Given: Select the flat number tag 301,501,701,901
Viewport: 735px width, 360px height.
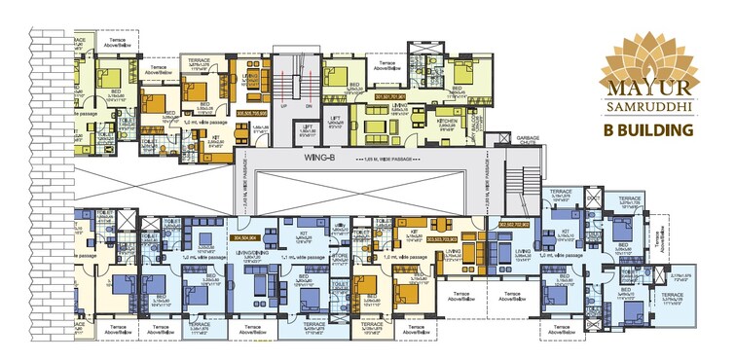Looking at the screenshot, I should tap(381, 98).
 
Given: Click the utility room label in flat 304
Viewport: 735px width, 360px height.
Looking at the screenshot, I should tap(341, 224).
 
